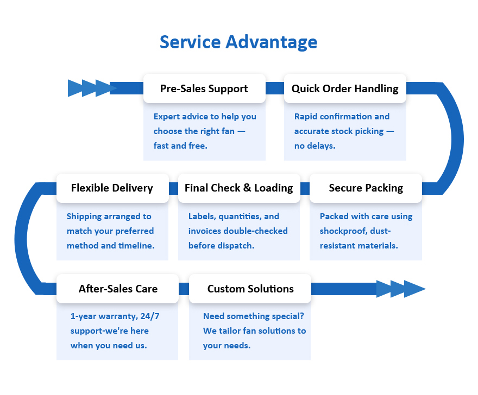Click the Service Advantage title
click(238, 42)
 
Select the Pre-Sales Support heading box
click(204, 88)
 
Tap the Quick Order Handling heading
click(345, 88)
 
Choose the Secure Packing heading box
click(366, 188)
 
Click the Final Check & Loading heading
click(238, 188)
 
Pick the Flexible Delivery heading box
click(112, 188)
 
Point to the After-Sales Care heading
click(118, 289)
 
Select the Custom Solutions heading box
click(250, 289)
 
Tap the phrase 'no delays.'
click(315, 146)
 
